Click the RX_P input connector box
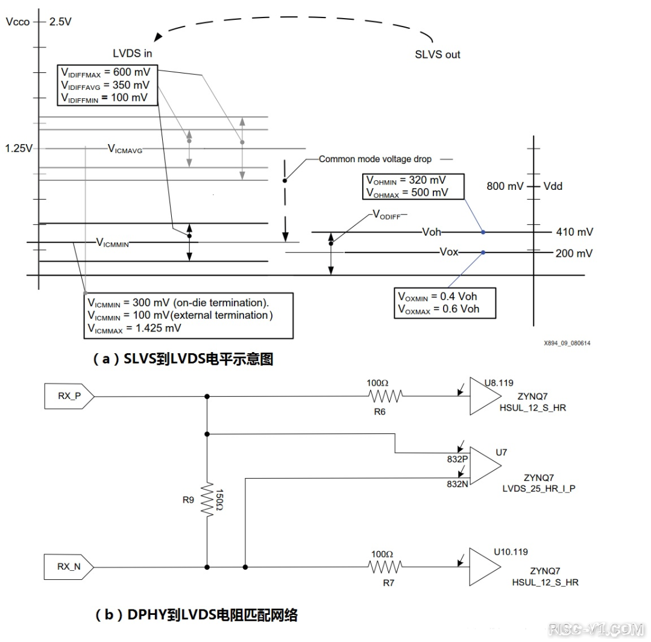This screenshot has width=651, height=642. click(x=68, y=397)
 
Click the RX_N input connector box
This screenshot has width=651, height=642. click(x=68, y=567)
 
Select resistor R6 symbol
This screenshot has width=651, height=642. click(x=385, y=396)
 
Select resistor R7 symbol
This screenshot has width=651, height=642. click(x=385, y=567)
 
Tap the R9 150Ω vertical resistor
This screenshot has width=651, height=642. click(x=207, y=499)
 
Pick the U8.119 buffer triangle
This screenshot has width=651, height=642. click(x=483, y=397)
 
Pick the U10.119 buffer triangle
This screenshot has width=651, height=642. click(x=483, y=567)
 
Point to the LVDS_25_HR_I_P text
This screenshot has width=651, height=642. click(x=539, y=488)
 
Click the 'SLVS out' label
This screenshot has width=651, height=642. click(x=437, y=54)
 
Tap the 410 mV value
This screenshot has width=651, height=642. click(x=574, y=232)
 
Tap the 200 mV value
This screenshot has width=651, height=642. click(x=574, y=253)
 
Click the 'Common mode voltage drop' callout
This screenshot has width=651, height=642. click(x=375, y=159)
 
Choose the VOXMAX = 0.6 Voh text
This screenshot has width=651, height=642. click(x=438, y=309)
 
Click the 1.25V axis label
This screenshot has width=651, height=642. click(x=18, y=148)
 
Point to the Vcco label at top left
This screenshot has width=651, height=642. click(x=16, y=22)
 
